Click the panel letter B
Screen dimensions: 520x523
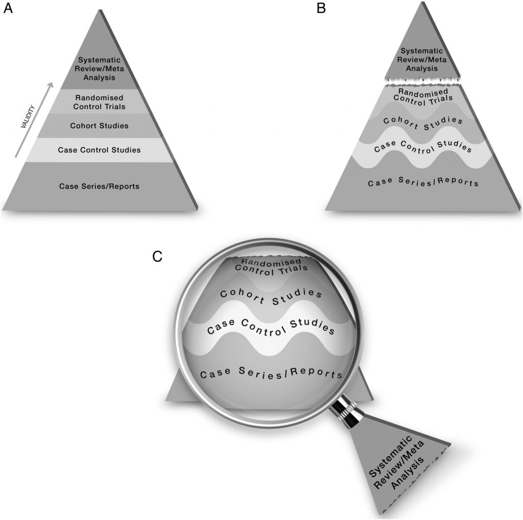(321, 9)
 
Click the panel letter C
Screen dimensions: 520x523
(158, 256)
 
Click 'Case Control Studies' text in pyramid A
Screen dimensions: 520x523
(99, 150)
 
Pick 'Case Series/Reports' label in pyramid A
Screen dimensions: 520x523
(99, 186)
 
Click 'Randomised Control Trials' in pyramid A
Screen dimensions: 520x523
(100, 102)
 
